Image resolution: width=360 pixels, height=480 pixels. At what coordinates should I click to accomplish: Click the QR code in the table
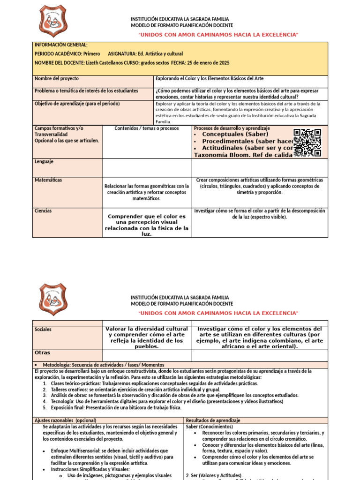point(307,142)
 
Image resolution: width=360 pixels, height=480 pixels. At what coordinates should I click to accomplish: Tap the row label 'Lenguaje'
point(44,162)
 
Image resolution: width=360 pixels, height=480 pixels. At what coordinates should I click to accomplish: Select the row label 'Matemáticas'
point(48,180)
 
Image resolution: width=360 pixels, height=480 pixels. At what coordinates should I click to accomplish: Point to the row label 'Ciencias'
point(43,211)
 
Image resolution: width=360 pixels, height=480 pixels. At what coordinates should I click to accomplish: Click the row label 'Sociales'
point(43,330)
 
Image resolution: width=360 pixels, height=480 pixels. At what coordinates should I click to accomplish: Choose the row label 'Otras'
point(43,352)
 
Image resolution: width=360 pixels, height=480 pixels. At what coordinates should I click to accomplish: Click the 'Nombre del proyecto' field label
point(57,79)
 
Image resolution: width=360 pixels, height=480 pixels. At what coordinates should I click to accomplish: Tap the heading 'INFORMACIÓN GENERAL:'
point(61,45)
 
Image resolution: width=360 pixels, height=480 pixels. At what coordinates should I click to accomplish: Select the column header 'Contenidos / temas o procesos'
point(146,128)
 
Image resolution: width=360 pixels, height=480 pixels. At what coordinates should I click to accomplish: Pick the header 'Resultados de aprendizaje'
point(213,420)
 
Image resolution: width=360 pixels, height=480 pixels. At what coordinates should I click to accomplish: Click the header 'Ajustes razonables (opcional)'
point(65,420)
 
